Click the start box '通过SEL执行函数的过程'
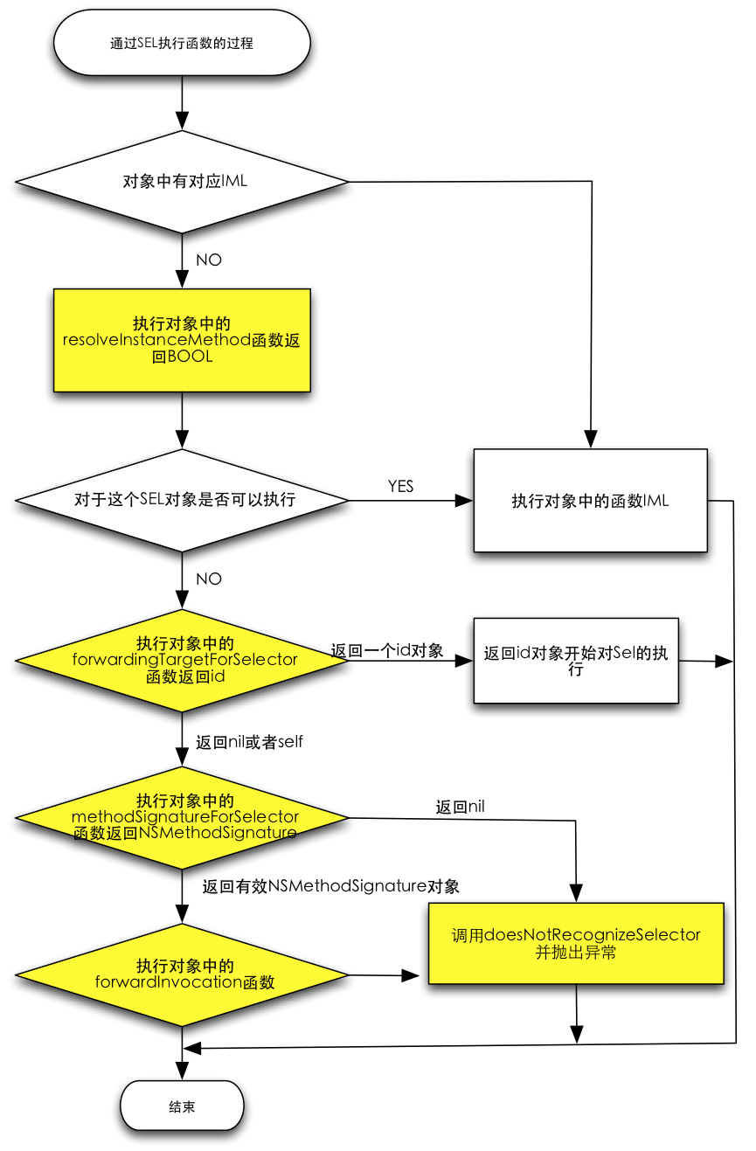point(182,43)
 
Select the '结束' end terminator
point(182,1106)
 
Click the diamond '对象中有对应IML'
point(182,182)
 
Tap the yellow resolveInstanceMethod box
point(182,340)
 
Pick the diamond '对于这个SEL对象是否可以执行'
point(182,500)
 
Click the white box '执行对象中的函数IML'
point(590,501)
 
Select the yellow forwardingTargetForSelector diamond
point(182,661)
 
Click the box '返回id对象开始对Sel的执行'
point(576,661)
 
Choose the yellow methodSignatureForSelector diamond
point(182,817)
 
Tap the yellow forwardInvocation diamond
point(182,974)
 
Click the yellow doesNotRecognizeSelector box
point(576,943)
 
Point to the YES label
point(400,486)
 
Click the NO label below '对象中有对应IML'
point(209,260)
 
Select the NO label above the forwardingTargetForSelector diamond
point(209,579)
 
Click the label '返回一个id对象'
point(387,650)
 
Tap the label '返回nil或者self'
point(249,742)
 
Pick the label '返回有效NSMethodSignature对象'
point(330,886)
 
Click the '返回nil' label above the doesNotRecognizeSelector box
point(460,807)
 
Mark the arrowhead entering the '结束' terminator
point(182,1071)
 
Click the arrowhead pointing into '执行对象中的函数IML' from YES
point(464,501)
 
